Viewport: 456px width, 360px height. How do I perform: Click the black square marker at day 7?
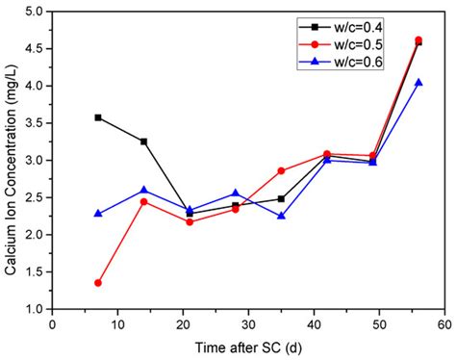click(98, 117)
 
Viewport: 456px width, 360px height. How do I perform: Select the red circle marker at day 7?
click(98, 283)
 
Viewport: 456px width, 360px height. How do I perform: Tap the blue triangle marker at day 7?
click(98, 213)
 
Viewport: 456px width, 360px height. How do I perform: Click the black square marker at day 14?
click(143, 141)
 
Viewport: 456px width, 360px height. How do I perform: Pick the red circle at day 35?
click(281, 170)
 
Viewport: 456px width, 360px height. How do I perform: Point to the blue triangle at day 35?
click(281, 216)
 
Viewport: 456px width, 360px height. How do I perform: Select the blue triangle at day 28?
click(235, 193)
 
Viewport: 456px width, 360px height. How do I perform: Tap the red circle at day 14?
click(143, 201)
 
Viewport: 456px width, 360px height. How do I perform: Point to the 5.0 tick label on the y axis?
click(38, 12)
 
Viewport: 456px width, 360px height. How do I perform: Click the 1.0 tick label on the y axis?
click(38, 309)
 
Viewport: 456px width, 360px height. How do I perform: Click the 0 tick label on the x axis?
click(53, 325)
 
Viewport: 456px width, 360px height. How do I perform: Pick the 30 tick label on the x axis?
click(248, 325)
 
